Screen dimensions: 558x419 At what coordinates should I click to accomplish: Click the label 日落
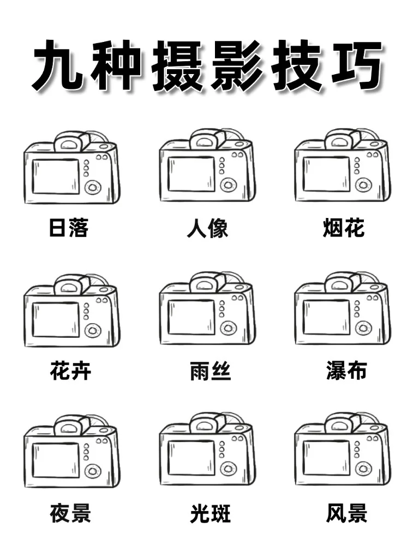69,228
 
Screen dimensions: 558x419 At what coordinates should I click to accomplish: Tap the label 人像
207,228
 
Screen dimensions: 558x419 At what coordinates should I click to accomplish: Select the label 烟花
344,228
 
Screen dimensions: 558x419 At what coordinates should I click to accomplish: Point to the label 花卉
71,371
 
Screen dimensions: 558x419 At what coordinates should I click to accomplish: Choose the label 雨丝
211,372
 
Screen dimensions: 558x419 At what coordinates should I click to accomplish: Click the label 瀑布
346,371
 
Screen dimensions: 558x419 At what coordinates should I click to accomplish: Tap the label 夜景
70,513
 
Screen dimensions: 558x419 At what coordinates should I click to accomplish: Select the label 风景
347,513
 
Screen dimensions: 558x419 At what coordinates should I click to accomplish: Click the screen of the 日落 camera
56,176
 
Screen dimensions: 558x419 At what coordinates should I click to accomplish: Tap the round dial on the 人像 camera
228,185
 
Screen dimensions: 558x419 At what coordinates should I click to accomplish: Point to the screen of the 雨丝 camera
191,318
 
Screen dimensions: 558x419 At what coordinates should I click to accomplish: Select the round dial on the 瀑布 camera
364,328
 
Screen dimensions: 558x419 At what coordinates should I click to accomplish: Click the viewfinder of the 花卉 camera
69,286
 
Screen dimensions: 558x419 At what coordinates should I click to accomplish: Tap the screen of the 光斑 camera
191,458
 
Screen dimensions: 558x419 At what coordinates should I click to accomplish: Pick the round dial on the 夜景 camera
93,470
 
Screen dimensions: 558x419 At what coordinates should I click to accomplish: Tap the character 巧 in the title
355,68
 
